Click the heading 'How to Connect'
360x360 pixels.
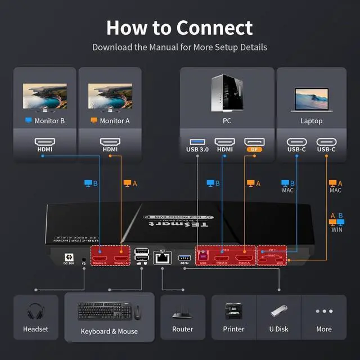click(179, 27)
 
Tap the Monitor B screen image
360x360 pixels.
click(45, 96)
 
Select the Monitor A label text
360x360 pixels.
click(114, 121)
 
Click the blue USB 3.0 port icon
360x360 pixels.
click(197, 142)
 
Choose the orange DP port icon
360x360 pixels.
click(254, 142)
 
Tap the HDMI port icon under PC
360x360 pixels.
click(224, 142)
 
